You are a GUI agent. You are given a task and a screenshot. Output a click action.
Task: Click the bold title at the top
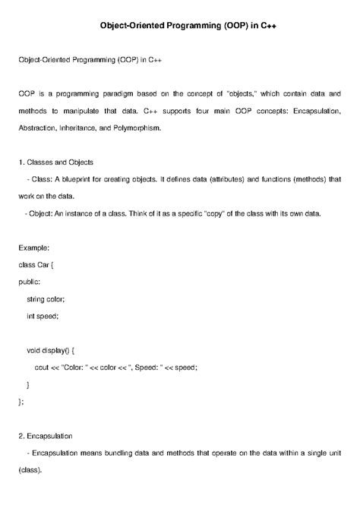[179, 25]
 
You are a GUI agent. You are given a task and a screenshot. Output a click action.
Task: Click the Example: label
[33, 248]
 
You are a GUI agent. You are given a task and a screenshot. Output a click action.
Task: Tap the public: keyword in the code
[30, 281]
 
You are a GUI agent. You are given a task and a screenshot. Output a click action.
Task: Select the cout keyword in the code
[43, 366]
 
